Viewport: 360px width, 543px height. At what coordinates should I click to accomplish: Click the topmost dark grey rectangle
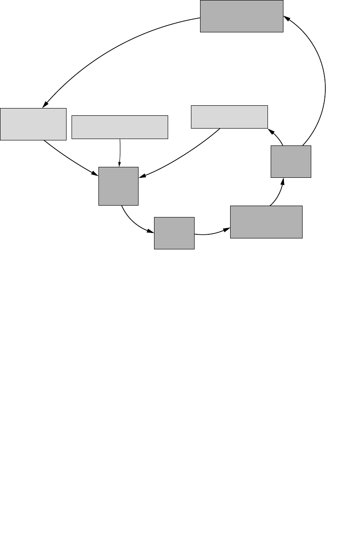coord(242,16)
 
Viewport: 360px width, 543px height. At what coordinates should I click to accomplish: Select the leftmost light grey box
coord(33,124)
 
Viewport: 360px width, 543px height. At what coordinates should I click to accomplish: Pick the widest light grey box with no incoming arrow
coord(120,127)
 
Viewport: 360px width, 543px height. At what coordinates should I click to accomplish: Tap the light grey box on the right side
coord(229,116)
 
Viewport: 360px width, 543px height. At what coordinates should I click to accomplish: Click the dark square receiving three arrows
coord(118,186)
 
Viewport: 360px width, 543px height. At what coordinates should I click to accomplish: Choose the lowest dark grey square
coord(174,233)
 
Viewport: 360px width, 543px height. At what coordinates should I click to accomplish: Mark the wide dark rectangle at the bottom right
coord(266,222)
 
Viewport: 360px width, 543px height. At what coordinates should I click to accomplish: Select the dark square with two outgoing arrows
coord(291,161)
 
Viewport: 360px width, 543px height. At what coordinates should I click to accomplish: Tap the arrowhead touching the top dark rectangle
coord(287,18)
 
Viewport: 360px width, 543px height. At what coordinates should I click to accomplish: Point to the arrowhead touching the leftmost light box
coord(45,104)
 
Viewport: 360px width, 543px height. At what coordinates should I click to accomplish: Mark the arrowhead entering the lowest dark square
coord(151,231)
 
